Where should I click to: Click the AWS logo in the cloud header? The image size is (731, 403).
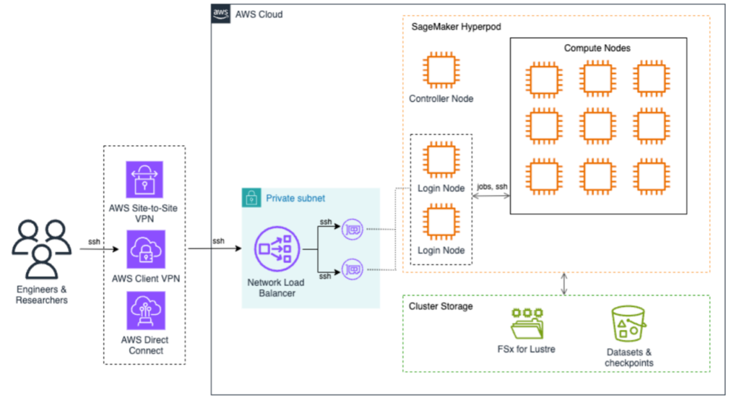point(221,14)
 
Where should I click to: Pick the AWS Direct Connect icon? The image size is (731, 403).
point(145,311)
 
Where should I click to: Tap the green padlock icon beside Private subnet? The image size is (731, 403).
point(252,198)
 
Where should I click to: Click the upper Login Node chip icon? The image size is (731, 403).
point(441,160)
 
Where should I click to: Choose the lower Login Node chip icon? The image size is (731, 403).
point(441,221)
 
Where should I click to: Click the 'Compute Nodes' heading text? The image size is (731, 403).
point(597,49)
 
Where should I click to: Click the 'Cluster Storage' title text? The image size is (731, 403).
point(441,306)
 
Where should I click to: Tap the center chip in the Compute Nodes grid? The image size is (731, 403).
point(595,127)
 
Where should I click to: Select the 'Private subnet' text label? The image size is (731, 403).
point(296,198)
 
